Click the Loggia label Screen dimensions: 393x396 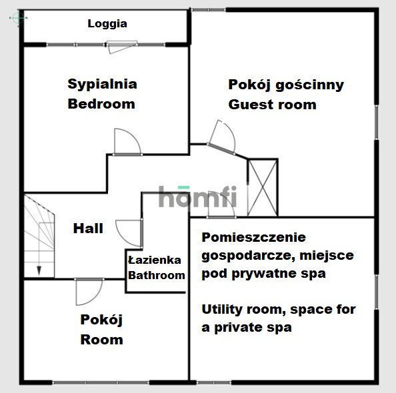click(x=107, y=24)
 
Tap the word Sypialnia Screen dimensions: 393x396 click(x=102, y=84)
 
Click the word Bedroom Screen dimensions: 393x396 click(x=101, y=104)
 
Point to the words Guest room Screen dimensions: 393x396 click(x=272, y=105)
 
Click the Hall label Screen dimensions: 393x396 click(x=88, y=228)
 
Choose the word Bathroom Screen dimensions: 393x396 click(x=156, y=275)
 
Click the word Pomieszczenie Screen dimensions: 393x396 click(x=253, y=237)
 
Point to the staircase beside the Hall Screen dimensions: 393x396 click(x=39, y=233)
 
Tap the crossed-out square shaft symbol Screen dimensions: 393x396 click(x=262, y=187)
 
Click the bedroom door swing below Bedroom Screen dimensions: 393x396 click(x=125, y=142)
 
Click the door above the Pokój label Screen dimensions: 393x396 click(x=87, y=291)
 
